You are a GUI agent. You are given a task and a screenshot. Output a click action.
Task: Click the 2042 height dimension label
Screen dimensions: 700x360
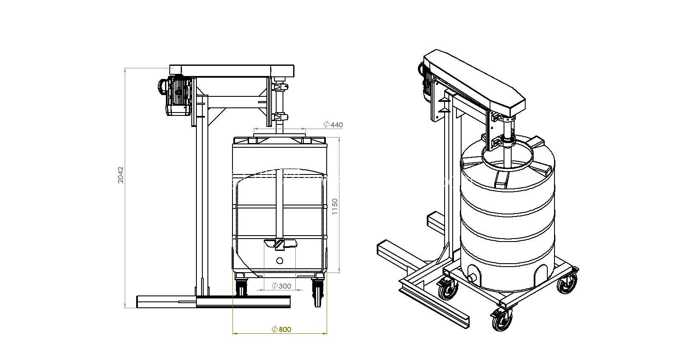pyautogui.click(x=120, y=175)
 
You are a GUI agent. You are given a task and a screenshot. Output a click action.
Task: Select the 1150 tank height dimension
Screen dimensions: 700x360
pyautogui.click(x=335, y=207)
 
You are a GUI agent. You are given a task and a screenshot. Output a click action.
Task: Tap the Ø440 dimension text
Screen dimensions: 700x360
pyautogui.click(x=333, y=125)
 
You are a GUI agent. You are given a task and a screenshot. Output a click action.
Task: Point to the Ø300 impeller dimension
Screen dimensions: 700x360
pyautogui.click(x=282, y=286)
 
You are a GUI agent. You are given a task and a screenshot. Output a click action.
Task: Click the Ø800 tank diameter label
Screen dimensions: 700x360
pyautogui.click(x=282, y=329)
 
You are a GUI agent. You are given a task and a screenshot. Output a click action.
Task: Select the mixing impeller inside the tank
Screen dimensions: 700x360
pyautogui.click(x=280, y=244)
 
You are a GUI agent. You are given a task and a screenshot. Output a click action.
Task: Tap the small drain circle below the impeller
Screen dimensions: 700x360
pyautogui.click(x=280, y=260)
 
